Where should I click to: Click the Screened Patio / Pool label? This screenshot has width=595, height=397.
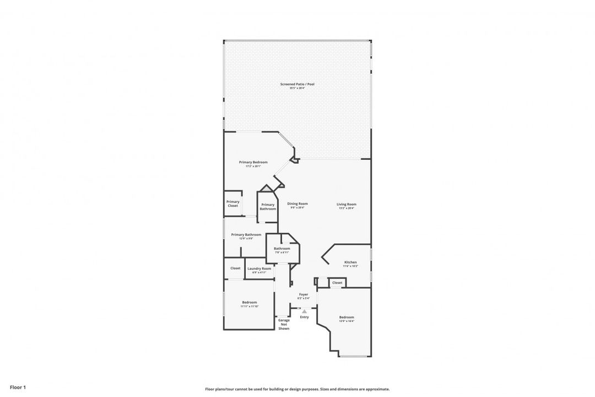point(297,84)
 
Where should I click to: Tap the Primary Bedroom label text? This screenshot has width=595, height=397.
point(253,162)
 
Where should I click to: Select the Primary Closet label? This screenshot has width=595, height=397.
point(232,203)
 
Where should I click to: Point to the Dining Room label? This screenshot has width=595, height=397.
point(297,204)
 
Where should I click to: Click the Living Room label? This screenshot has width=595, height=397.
point(347,205)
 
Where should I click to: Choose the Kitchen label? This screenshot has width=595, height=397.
point(350,262)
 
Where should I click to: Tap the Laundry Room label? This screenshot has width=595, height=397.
point(259,269)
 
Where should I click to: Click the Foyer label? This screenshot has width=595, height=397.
point(304,294)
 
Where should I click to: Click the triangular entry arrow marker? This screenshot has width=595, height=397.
point(304,312)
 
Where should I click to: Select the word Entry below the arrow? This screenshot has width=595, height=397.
point(304,317)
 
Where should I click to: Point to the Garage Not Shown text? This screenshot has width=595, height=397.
point(284,324)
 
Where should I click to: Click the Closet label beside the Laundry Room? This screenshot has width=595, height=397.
point(235,268)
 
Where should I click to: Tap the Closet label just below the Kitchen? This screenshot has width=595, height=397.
point(337,282)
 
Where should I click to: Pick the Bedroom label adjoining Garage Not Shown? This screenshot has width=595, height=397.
point(249,302)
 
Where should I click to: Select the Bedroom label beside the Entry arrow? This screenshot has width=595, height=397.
point(347,317)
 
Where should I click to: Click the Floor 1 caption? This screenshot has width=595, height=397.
point(18,388)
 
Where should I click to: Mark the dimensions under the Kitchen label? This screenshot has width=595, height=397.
point(350,266)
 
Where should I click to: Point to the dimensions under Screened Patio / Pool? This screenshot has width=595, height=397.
point(297,88)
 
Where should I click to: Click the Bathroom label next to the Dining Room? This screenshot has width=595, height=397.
point(282,249)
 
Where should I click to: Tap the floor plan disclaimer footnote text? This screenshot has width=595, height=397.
point(297,389)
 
